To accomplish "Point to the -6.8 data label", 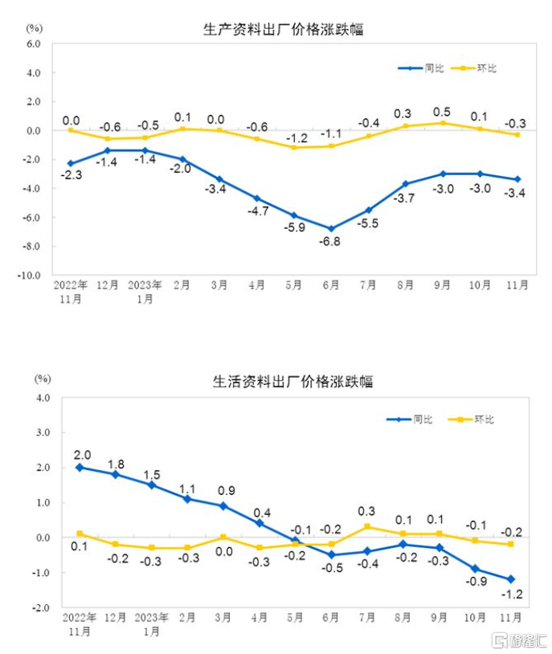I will click(330, 242).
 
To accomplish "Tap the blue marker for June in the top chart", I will click(330, 228).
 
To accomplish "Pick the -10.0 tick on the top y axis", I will click(30, 275).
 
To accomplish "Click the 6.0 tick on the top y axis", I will click(32, 44).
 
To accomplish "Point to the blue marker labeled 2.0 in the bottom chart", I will click(80, 467).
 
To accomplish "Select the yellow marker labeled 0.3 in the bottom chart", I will click(367, 527).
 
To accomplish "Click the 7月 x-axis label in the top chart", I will click(369, 285).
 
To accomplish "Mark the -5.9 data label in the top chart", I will click(293, 228).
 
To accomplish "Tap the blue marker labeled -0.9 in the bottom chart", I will click(476, 568).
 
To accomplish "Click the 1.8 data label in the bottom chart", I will click(116, 464).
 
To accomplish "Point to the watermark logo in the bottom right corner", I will click(521, 640).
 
